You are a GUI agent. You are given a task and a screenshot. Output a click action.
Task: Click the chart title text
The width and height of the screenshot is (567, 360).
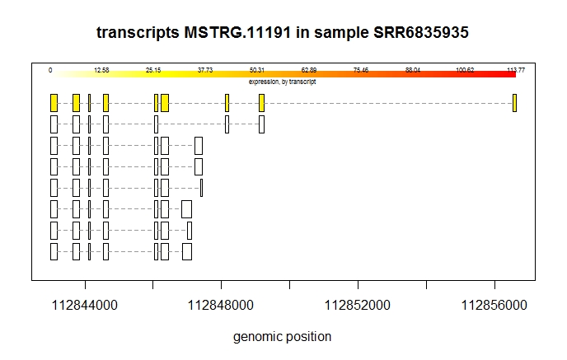pos(283,33)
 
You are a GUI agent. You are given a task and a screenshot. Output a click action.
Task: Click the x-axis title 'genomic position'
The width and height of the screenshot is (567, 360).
pos(283,336)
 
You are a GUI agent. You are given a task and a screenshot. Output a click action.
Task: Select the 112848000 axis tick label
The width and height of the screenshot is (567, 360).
pos(222,306)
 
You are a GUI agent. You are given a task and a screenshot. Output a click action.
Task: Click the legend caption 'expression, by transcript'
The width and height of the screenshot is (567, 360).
pos(283,82)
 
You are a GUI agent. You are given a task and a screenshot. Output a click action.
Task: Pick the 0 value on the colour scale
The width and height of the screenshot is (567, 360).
pos(50,70)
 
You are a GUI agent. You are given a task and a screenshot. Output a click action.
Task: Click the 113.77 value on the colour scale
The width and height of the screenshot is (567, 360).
pos(516,70)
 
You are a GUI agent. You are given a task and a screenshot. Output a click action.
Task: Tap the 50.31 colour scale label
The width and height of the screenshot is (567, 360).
pos(257,70)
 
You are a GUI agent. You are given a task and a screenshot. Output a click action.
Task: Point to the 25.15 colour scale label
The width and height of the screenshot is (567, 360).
pos(153,70)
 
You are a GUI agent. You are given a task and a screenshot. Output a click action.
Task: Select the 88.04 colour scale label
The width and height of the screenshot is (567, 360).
pos(413,70)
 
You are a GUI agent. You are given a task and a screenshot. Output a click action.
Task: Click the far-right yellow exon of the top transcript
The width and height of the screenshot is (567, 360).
pos(514,103)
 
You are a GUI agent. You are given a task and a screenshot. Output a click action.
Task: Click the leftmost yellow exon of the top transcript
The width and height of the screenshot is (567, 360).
pos(54,103)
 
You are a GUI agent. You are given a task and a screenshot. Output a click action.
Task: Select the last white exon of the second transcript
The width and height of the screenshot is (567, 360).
pos(261,124)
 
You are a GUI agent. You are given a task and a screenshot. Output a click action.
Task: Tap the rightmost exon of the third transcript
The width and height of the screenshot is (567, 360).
pos(199,146)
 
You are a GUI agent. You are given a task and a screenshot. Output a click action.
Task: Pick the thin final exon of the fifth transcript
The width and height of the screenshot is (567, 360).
pos(201,188)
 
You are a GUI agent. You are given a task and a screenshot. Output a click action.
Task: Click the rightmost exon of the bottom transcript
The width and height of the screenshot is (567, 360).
pos(187,251)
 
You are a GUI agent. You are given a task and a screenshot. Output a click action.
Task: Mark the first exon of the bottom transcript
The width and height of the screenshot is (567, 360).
pos(54,251)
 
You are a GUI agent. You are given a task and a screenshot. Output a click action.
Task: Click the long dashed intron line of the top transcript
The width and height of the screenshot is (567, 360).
pos(387,103)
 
